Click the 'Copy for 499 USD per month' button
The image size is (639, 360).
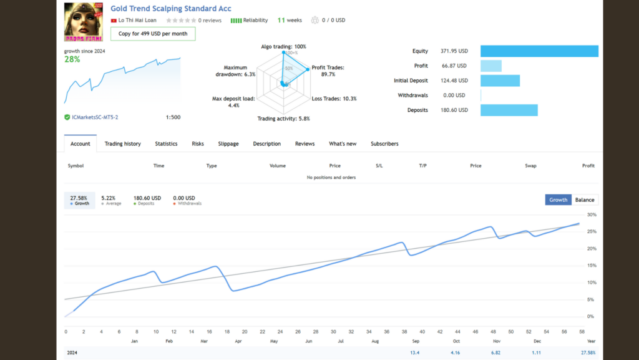[153, 34]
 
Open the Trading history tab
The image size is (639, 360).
[122, 144]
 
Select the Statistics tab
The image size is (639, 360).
[166, 144]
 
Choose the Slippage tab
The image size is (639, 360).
[228, 144]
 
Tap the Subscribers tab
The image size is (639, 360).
[384, 144]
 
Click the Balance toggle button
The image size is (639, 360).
[584, 200]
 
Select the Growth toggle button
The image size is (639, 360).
[558, 200]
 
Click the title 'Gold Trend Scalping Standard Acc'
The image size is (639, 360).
[170, 9]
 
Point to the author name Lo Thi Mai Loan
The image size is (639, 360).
[137, 21]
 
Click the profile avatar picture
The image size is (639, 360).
[84, 21]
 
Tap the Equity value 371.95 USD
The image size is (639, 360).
[453, 51]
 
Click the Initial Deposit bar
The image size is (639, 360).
[500, 81]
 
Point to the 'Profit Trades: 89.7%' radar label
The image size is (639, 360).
[327, 71]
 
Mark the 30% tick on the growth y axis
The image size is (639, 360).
[592, 215]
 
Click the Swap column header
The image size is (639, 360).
[530, 166]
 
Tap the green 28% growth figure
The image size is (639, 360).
[72, 59]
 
